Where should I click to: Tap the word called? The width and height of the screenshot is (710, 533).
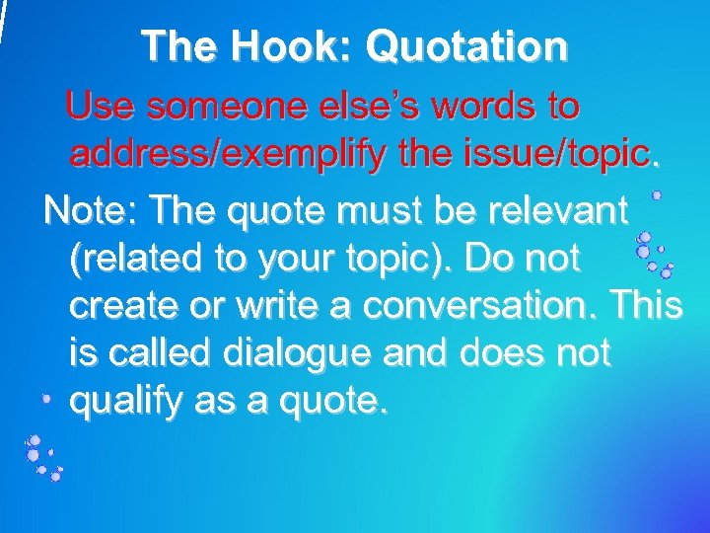159,353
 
